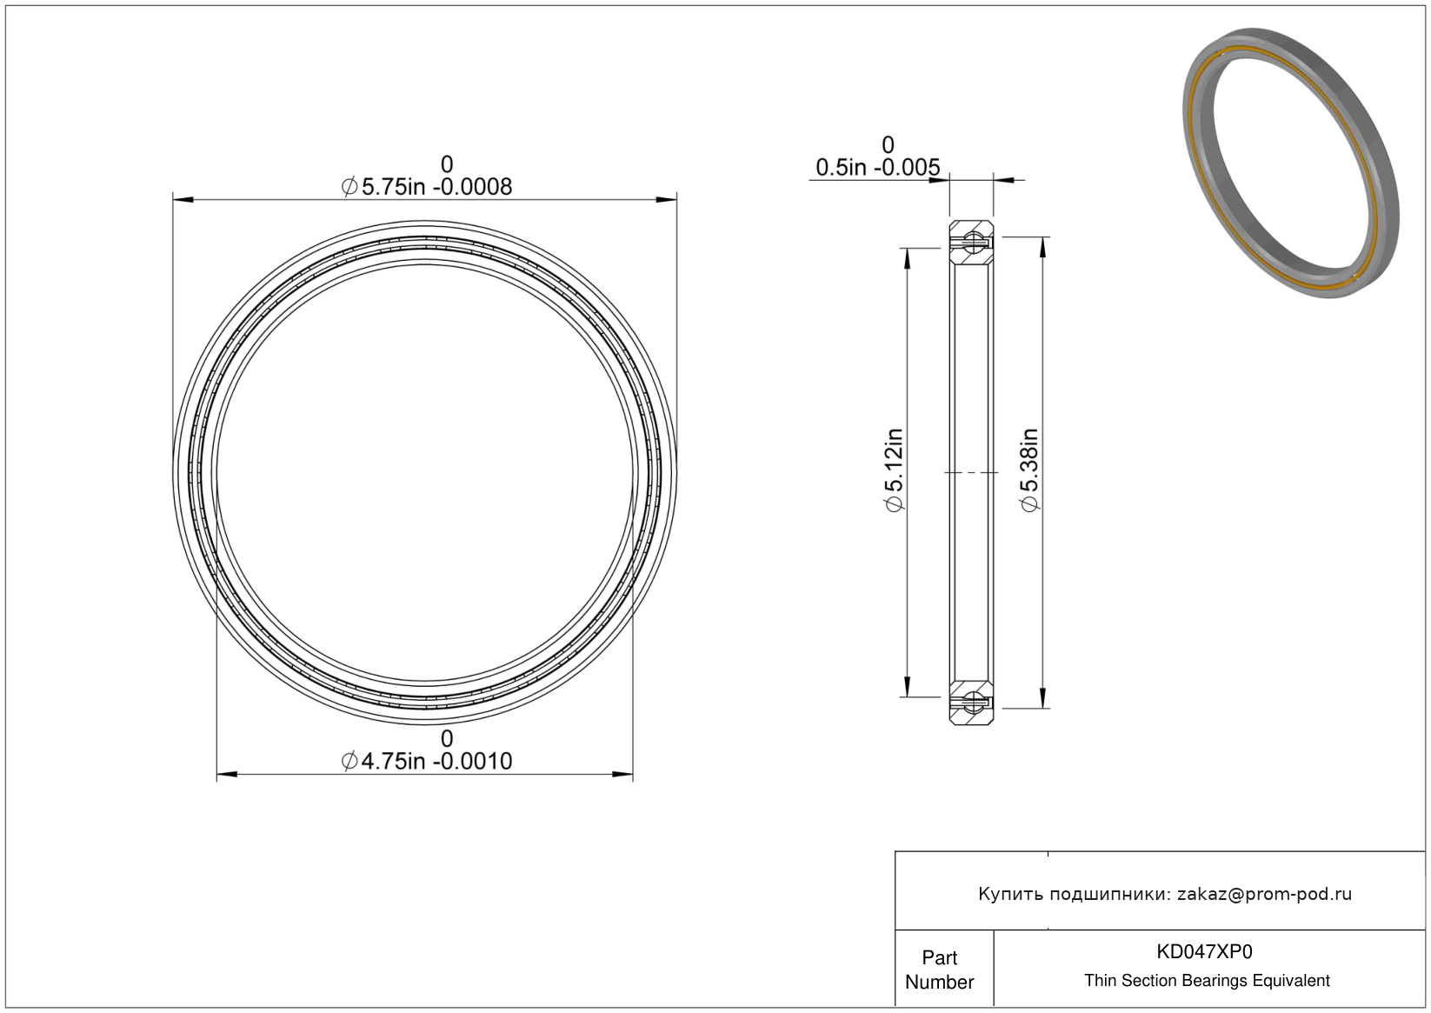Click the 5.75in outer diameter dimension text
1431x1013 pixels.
point(427,187)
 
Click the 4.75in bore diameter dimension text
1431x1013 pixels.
point(427,761)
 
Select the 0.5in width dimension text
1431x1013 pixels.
point(878,168)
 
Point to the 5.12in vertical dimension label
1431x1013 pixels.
point(893,470)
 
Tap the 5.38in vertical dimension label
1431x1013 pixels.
point(1030,470)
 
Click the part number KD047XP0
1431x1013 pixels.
point(1204,951)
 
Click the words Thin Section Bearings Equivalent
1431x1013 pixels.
point(1207,981)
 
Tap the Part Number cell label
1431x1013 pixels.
point(939,970)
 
